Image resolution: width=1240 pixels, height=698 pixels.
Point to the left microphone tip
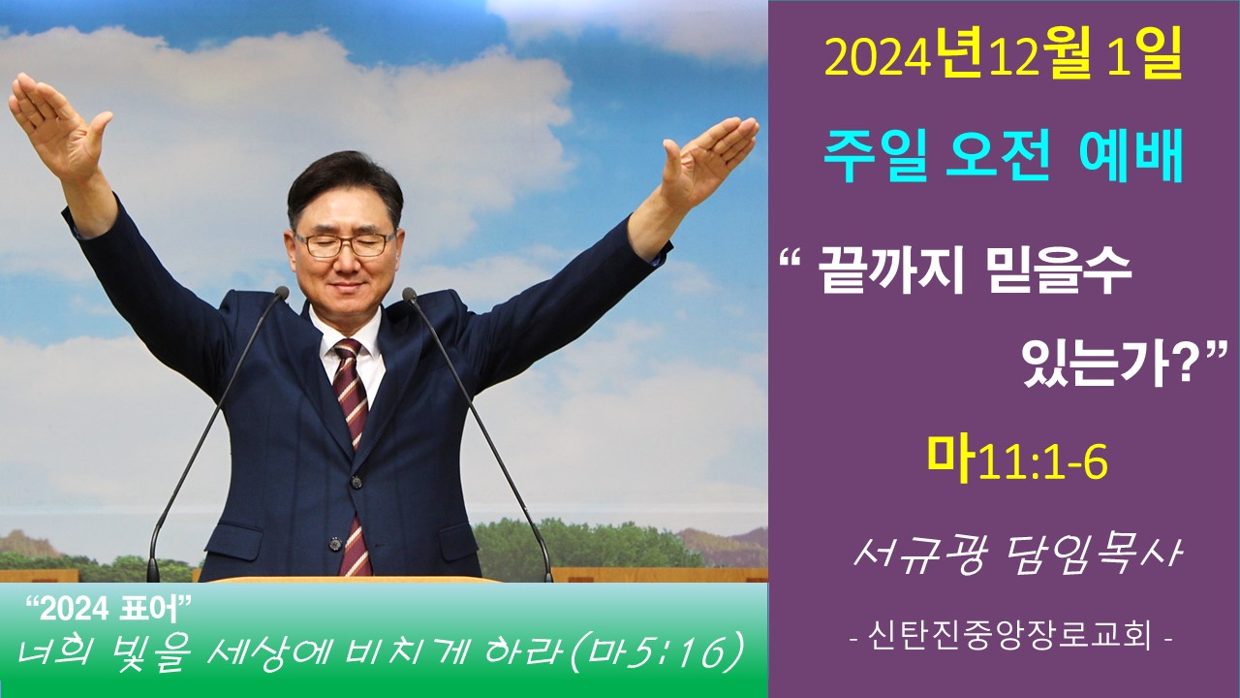coord(281,293)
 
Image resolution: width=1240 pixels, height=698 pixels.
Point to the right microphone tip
coord(409,294)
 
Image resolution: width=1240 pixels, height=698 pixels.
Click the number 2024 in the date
coord(876,60)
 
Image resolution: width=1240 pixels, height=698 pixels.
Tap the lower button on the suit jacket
coord(334,544)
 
